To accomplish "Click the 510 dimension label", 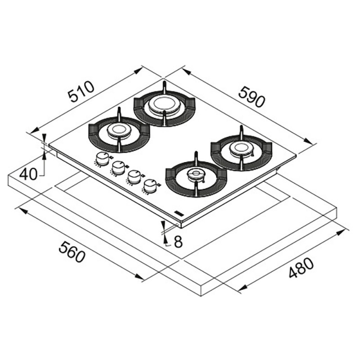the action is click(x=81, y=91).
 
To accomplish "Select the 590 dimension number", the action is click(x=252, y=97).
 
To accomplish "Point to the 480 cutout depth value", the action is click(x=301, y=268).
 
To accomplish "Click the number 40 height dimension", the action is click(x=28, y=174).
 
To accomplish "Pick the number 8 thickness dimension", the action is click(x=178, y=242).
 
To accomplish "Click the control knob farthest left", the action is click(x=102, y=159).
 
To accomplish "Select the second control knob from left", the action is click(x=119, y=167).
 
